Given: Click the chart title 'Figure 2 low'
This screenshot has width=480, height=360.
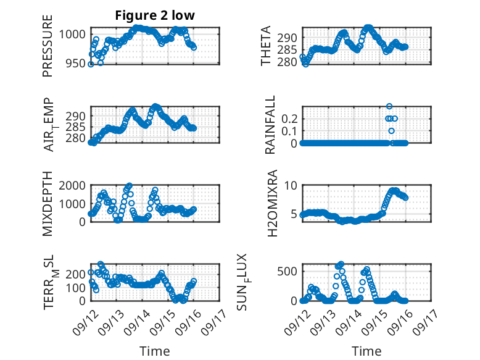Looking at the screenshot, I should pos(155,16).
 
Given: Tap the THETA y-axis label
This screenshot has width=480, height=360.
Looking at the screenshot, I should pos(266,46).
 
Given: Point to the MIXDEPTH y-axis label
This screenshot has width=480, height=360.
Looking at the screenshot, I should pos(48,204).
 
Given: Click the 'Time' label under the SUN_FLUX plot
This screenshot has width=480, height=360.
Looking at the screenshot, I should pos(366,351).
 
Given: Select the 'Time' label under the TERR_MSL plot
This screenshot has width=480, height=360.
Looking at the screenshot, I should pos(154,351).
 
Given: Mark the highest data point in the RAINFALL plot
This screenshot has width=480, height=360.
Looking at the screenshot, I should pos(389,106).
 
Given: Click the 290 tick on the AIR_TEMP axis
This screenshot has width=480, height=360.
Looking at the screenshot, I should pos(77,116).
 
